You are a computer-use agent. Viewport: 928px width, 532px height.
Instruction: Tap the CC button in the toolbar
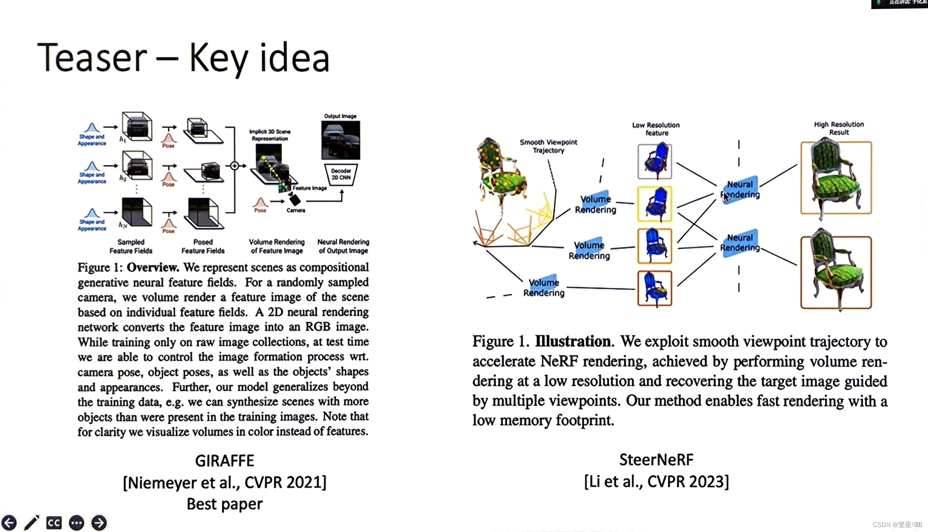(54, 523)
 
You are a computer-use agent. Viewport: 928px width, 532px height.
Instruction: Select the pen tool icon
(31, 523)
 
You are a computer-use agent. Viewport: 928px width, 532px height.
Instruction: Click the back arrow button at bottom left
(9, 523)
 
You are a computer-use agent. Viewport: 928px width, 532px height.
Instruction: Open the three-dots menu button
(76, 523)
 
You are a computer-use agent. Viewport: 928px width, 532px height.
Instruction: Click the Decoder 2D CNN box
(341, 174)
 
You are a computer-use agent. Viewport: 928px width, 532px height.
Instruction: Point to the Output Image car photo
(340, 140)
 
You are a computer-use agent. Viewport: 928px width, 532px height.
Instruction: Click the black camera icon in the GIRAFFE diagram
(295, 200)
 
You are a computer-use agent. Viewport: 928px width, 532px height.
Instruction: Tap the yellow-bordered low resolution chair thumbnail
(654, 204)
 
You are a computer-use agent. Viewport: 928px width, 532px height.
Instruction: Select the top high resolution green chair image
(836, 178)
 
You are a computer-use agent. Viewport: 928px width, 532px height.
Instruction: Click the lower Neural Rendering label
(740, 243)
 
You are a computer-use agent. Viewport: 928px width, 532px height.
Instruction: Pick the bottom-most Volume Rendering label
(543, 288)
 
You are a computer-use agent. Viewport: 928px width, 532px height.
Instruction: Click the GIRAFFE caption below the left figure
(224, 461)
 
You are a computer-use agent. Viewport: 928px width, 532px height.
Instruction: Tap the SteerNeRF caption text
(656, 460)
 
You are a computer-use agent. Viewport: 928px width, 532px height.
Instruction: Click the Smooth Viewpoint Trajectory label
(548, 146)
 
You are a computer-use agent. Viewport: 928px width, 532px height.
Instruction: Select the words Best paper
(224, 503)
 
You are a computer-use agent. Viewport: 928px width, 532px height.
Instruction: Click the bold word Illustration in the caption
(573, 341)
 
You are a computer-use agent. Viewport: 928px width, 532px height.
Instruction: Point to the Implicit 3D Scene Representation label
(270, 135)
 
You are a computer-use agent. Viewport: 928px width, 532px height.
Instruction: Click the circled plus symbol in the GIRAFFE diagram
(235, 166)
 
